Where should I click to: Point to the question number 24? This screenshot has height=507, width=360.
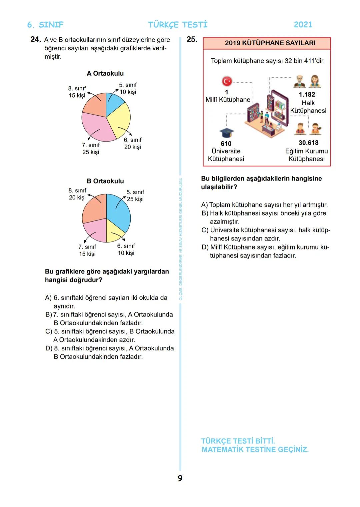point(35,39)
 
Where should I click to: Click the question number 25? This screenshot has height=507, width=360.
point(192,39)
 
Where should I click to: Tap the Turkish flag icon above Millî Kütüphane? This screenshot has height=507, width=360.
point(227,81)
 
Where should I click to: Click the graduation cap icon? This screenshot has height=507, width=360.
point(227,133)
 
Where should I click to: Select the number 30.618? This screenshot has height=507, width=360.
point(308,143)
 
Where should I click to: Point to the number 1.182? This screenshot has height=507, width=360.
point(307,94)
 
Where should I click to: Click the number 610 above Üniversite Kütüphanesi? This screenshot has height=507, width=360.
point(226,143)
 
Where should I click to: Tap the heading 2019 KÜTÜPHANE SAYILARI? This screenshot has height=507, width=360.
point(270,43)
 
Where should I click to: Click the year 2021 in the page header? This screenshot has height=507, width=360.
point(303,25)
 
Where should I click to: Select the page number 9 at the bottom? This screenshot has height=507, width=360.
point(180,478)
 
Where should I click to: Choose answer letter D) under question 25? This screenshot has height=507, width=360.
point(205,247)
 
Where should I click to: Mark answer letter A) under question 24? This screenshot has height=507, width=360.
point(48,297)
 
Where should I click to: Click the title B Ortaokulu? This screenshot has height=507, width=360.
point(105,181)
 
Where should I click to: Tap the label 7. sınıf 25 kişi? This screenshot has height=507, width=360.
point(91,149)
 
